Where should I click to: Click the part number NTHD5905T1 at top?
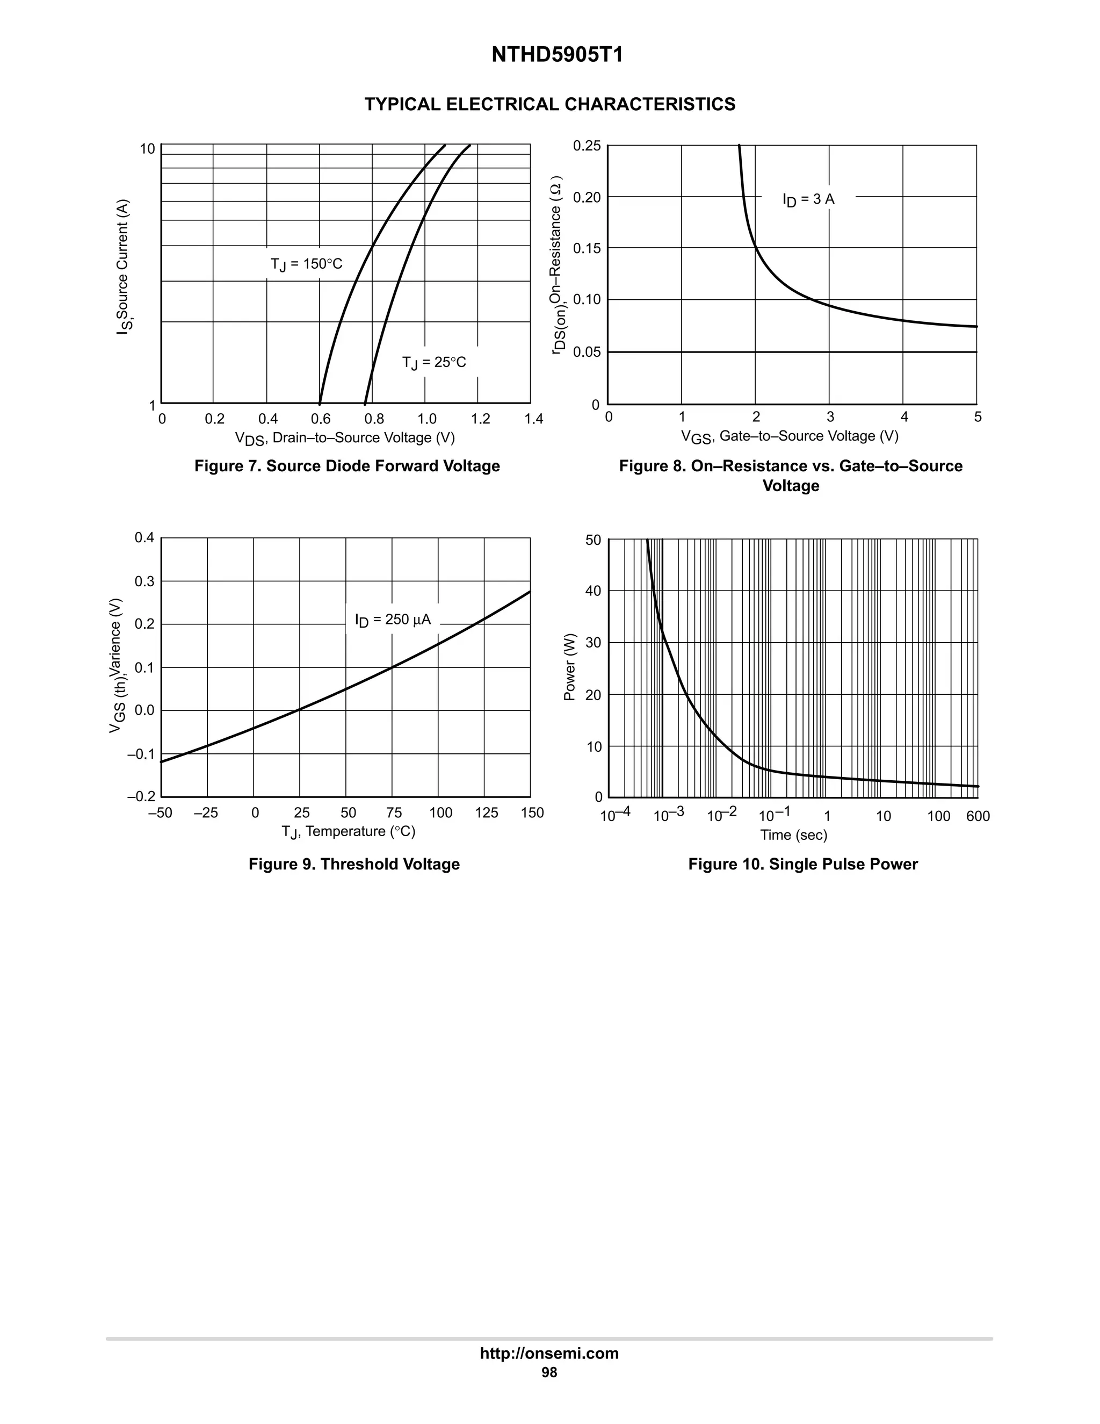(x=556, y=55)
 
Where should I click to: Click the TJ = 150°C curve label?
(x=306, y=264)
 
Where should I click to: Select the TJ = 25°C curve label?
(x=434, y=363)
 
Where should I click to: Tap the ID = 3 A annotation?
(x=808, y=199)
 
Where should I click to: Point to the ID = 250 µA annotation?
(x=393, y=620)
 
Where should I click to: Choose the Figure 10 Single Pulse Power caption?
(x=802, y=864)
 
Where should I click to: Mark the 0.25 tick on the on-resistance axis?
(x=587, y=146)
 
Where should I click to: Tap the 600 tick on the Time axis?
(x=978, y=816)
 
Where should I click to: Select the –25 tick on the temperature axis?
(x=206, y=813)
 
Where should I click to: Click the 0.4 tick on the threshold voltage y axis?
(x=144, y=538)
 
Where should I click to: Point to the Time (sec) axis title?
(x=793, y=835)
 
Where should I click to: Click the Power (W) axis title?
(x=569, y=667)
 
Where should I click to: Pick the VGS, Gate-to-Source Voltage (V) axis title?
(x=789, y=436)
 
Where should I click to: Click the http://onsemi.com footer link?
(x=549, y=1353)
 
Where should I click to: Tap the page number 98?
(x=549, y=1372)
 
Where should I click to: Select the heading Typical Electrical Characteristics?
(x=549, y=104)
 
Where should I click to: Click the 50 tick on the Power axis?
(x=593, y=540)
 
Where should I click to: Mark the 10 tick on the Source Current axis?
(x=148, y=149)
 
